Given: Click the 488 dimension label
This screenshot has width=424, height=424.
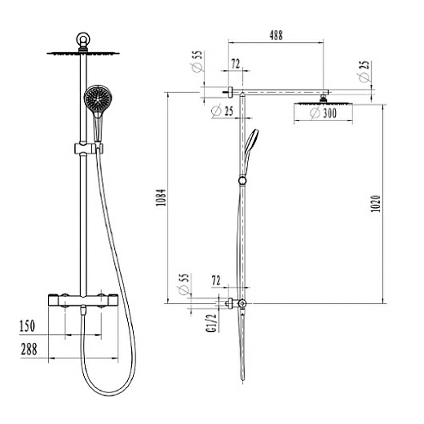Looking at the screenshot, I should (x=278, y=35).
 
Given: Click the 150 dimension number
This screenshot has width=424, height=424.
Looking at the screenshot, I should (x=29, y=327).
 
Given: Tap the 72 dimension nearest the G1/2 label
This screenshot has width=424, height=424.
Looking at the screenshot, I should (x=216, y=280).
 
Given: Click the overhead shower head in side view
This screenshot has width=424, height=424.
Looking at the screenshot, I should (x=324, y=102).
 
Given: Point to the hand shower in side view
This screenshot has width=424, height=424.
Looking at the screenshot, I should (x=251, y=142).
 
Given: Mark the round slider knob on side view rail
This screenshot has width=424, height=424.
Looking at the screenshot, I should (x=241, y=179).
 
